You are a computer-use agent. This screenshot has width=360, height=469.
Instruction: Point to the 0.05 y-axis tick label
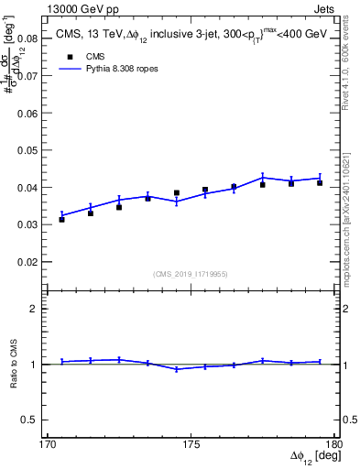coord(28,150)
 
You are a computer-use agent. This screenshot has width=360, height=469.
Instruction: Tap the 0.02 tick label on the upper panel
coord(28,262)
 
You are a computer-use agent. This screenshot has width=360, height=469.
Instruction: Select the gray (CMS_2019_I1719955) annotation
coord(191,273)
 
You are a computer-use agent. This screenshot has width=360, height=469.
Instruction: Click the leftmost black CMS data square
coord(61,219)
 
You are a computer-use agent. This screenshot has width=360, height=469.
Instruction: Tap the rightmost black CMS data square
coord(320,183)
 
